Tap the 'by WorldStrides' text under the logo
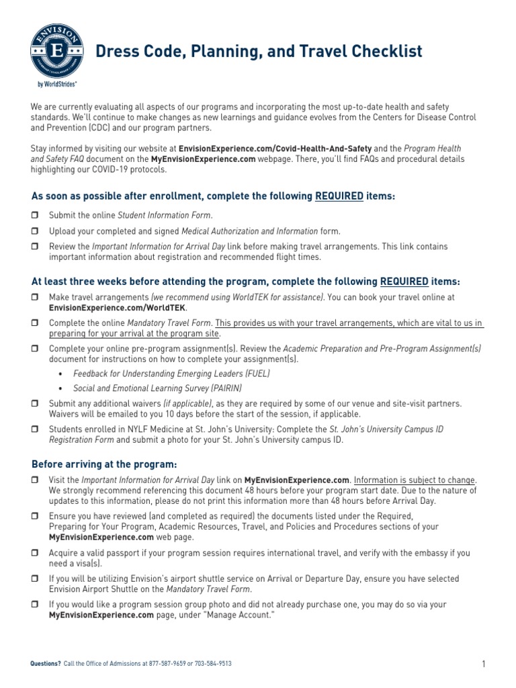[x=54, y=85]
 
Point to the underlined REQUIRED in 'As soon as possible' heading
[x=339, y=196]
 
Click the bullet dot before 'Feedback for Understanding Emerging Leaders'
[x=61, y=373]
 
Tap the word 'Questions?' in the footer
[x=46, y=663]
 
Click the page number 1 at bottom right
[x=483, y=664]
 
